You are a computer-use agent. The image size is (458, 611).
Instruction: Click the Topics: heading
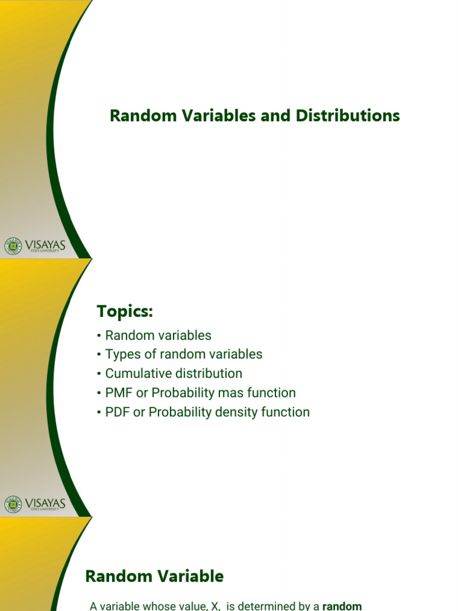point(125,311)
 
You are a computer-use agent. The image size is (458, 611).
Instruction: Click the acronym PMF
point(117,393)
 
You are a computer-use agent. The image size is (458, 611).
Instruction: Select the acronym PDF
point(117,412)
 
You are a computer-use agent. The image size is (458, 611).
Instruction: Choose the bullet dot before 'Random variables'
point(99,335)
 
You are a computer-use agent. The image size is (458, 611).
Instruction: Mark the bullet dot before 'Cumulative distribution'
point(99,374)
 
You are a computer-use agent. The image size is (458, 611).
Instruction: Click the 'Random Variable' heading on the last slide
point(154,576)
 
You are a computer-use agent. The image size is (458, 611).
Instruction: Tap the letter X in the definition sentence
point(215,606)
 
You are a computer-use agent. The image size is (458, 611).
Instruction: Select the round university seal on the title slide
point(13,245)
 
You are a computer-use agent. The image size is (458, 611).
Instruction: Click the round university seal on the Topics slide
point(13,504)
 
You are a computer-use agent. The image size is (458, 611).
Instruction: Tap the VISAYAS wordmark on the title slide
point(45,244)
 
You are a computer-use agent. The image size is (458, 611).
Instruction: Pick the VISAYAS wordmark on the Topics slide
point(45,503)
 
